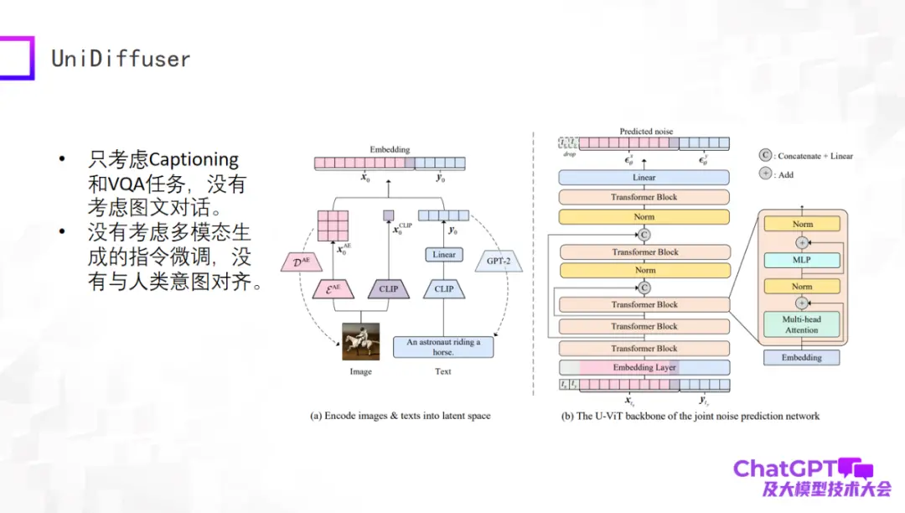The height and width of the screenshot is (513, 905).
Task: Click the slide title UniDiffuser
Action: tap(121, 59)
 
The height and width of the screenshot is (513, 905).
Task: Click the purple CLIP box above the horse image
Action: tap(388, 289)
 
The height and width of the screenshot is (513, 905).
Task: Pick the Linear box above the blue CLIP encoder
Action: tap(444, 255)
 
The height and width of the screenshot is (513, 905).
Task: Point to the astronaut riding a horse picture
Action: tap(360, 341)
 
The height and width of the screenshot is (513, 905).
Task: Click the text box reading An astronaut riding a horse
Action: tap(443, 347)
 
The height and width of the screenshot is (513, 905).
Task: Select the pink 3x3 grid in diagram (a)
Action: tap(333, 225)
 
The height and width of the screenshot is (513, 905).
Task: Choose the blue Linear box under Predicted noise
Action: tap(644, 178)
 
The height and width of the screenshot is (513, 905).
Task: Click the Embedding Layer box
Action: tap(644, 367)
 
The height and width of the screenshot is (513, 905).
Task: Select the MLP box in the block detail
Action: tap(802, 261)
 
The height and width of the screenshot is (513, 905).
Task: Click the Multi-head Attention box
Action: tap(802, 324)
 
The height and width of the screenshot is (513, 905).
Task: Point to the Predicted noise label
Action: tap(645, 132)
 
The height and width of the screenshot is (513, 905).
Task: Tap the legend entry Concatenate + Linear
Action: tap(809, 156)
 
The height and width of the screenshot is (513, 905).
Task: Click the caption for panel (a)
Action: tap(400, 416)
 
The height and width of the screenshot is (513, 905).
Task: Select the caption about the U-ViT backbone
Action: tap(690, 416)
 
